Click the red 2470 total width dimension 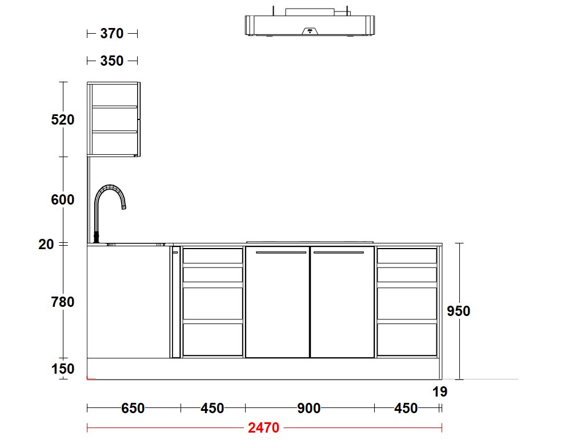(263, 428)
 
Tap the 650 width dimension (133, 409)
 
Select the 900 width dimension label (309, 409)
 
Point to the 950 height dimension (458, 311)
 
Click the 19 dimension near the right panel (440, 392)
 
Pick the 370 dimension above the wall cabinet (112, 34)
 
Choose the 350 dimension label (112, 61)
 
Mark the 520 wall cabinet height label (63, 119)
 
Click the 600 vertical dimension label (63, 199)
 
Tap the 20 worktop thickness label (46, 245)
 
